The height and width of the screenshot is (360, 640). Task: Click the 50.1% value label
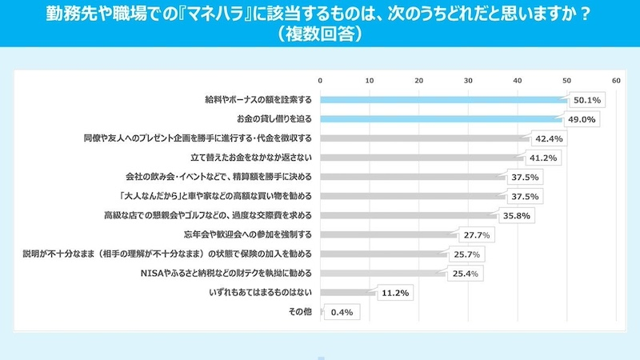click(x=588, y=100)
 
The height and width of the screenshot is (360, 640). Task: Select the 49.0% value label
click(x=582, y=119)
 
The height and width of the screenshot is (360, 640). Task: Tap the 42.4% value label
click(x=550, y=138)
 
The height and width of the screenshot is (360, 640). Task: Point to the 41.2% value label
click(x=544, y=158)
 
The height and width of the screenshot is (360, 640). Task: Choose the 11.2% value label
click(x=396, y=293)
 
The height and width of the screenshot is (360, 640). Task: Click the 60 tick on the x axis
click(x=616, y=81)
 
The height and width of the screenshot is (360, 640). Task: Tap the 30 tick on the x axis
click(x=468, y=81)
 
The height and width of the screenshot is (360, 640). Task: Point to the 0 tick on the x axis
click(x=320, y=81)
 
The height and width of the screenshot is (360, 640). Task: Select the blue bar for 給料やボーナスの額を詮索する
click(x=443, y=100)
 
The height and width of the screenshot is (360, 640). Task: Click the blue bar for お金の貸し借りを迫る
click(x=441, y=119)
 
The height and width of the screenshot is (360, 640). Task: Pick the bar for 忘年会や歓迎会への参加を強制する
click(x=388, y=235)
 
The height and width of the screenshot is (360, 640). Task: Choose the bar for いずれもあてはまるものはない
click(x=347, y=293)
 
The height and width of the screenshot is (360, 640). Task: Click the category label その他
click(x=301, y=312)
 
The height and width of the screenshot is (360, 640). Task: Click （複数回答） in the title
click(x=319, y=35)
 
